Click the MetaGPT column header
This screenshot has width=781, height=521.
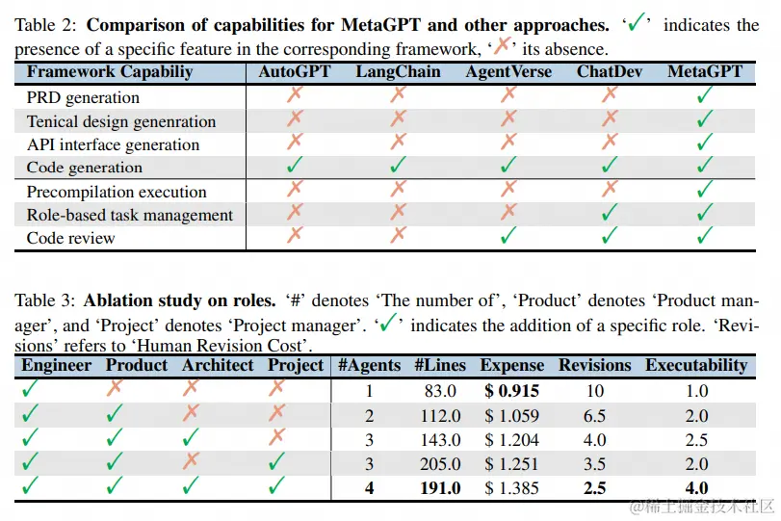coord(705,72)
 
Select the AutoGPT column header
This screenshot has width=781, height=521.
coord(295,72)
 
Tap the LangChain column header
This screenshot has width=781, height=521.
coord(398,72)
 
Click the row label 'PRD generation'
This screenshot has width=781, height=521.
coord(83,97)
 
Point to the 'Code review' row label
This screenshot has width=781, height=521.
coord(70,238)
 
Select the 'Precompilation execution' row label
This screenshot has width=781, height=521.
coord(117,192)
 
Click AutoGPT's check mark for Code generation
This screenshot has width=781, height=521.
coord(295,167)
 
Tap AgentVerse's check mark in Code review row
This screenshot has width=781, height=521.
coord(508,237)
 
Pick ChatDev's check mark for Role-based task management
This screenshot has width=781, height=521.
coord(609,214)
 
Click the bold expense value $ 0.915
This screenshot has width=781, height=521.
coord(511,391)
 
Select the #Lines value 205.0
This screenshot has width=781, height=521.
coord(439,464)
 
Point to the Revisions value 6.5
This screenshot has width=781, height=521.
coord(595,416)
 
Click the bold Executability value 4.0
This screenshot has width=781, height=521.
coord(696,488)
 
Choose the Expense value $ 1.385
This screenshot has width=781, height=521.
coord(511,488)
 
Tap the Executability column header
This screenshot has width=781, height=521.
coord(696,366)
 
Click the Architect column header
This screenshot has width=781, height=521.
coord(218,366)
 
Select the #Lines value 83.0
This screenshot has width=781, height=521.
coord(439,391)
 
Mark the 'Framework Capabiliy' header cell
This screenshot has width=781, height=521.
coord(109,72)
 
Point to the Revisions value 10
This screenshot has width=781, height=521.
coord(595,391)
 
